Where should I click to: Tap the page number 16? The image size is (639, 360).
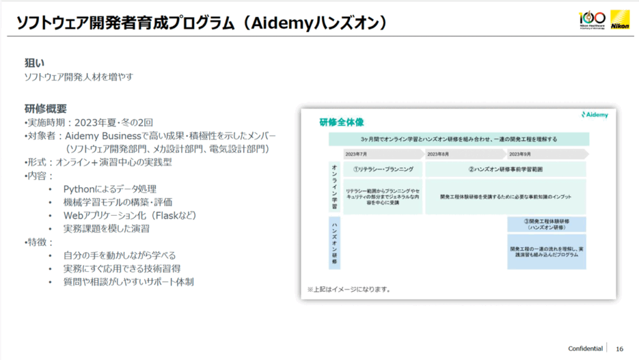620,348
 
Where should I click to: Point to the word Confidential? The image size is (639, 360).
585,348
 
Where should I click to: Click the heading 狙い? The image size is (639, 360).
34,64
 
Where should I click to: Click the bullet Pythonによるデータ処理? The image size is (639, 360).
109,188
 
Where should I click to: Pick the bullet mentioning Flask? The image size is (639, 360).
130,215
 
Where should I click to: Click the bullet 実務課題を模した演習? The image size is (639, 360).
106,228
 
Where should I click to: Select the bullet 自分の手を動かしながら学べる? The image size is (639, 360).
119,255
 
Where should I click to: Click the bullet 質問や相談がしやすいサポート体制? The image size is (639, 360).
128,282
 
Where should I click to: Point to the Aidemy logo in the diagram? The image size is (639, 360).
593,115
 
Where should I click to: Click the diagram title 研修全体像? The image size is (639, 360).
341,122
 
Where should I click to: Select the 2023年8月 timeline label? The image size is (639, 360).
439,153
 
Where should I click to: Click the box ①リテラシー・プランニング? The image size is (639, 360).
383,169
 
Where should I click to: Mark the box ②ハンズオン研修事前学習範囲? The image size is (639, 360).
505,169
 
